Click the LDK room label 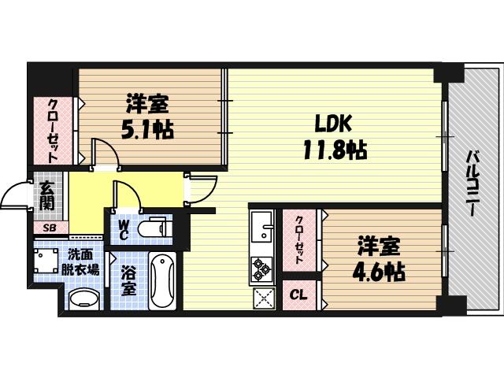[334, 124]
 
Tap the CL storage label [298, 295]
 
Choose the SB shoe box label [49, 228]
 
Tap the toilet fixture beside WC [154, 228]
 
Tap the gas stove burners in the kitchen [261, 269]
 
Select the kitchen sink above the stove [261, 228]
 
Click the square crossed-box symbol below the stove [263, 298]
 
